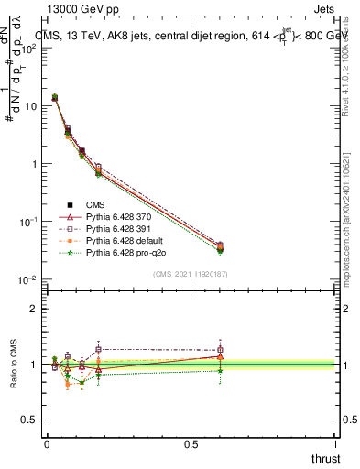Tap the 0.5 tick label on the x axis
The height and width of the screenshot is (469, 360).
pyautogui.click(x=191, y=442)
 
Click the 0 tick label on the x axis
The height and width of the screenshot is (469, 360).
pyautogui.click(x=47, y=442)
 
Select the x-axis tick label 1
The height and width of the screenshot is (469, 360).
pyautogui.click(x=334, y=442)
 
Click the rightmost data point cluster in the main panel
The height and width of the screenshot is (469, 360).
pyautogui.click(x=220, y=247)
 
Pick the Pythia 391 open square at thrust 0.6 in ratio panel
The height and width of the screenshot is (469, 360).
pyautogui.click(x=220, y=350)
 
